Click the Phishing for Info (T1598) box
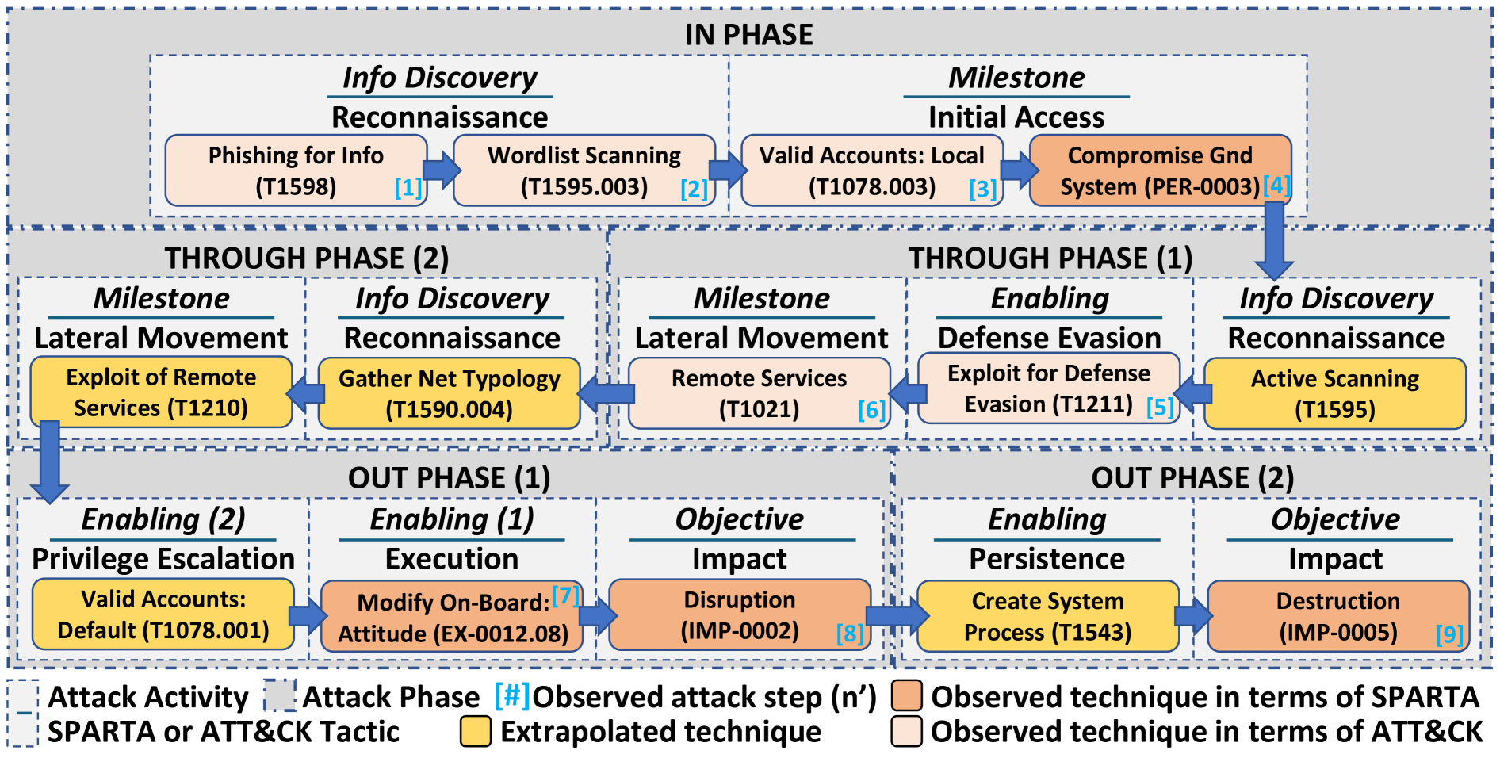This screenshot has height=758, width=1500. pos(296,170)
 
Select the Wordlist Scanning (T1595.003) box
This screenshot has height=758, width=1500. pos(584,170)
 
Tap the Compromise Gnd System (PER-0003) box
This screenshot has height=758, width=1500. pos(1160,170)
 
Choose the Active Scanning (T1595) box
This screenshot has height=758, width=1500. pos(1335,394)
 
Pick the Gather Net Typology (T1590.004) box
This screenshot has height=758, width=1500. pos(449,394)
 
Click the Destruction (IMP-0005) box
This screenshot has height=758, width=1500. pos(1337,616)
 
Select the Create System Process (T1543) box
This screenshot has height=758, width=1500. pos(1047,616)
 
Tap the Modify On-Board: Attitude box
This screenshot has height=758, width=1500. pos(452,617)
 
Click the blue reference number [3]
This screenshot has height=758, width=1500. pos(982,189)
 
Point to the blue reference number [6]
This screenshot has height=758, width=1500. pos(871,410)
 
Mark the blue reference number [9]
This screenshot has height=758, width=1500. pos(1449,634)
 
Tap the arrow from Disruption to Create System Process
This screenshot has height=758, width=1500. pos(895,616)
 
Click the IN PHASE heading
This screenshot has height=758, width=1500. pos(748,35)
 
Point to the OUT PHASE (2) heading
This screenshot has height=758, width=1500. pos(1192,478)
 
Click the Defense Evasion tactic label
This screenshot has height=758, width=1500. pos(1049,339)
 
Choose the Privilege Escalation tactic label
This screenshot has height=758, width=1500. pos(163,559)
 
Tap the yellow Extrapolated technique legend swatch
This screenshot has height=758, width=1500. pos(476,731)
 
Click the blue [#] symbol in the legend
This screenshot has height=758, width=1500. pos(512,695)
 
